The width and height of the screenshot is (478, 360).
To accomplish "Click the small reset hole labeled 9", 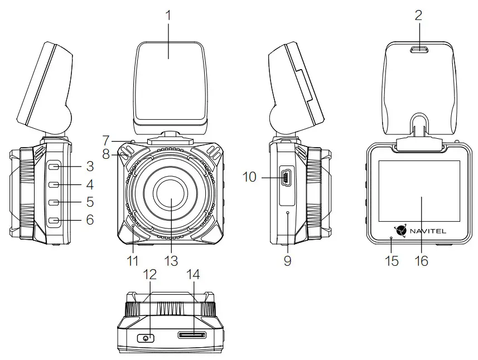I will click(288, 213).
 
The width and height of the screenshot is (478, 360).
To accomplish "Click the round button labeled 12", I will click(146, 338).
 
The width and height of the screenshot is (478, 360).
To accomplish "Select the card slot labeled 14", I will click(191, 335).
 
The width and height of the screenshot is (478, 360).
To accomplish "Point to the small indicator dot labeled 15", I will click(391, 238).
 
